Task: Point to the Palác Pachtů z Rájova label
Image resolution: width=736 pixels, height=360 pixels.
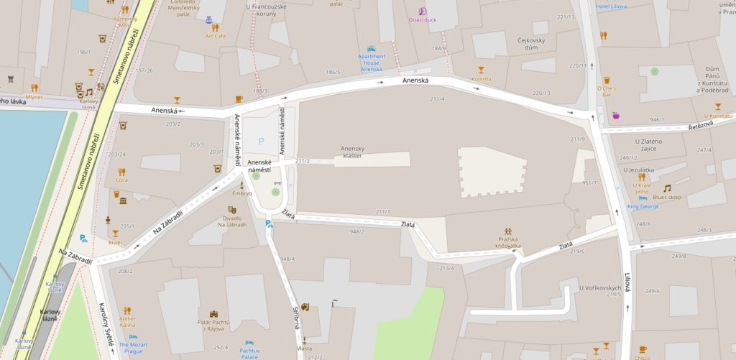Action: (214, 326)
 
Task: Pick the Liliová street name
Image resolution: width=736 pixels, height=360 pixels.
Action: (627, 280)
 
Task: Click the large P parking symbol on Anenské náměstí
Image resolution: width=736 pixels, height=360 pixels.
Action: (261, 142)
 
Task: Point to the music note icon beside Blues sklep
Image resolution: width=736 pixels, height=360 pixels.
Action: (667, 188)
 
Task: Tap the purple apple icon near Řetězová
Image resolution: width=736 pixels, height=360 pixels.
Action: (615, 115)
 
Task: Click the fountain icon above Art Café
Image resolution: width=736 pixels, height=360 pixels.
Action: (208, 19)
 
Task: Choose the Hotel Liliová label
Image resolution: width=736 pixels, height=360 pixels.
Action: (611, 6)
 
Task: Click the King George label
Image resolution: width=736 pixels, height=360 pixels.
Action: (643, 206)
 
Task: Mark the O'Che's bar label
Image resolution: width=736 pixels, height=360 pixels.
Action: (607, 91)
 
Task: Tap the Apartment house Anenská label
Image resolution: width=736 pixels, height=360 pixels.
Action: (372, 63)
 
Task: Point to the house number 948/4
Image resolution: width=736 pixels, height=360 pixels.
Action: (287, 259)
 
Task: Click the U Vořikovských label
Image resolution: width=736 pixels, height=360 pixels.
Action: (599, 288)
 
